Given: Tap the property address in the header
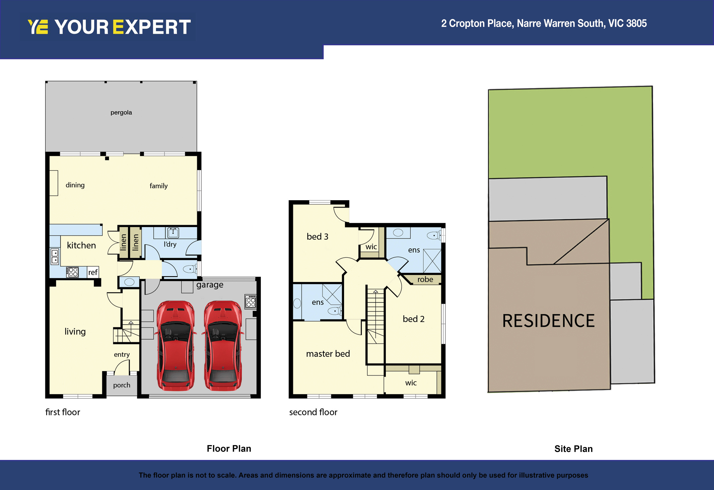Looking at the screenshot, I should [x=544, y=23].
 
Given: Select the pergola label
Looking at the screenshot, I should [x=121, y=112].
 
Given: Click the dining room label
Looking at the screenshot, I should [x=75, y=185].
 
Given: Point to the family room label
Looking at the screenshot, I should [x=159, y=186].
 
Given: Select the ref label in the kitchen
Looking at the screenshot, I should [x=93, y=272].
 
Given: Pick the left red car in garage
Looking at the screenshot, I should [x=175, y=346].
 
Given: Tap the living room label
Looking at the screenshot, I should [x=75, y=331].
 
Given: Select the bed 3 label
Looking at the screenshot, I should [x=317, y=237].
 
